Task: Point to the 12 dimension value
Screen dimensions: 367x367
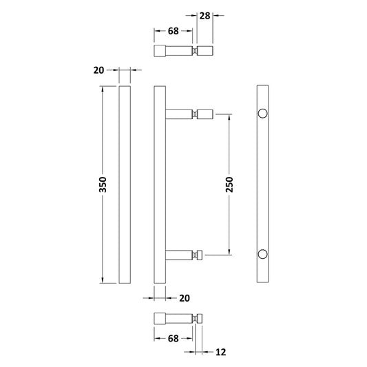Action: [x=220, y=353]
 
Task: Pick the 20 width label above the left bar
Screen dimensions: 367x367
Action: [x=98, y=70]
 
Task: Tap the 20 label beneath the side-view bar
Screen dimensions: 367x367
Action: [x=183, y=297]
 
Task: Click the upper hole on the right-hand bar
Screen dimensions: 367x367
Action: [x=262, y=114]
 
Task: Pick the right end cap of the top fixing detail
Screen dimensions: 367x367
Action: [x=205, y=51]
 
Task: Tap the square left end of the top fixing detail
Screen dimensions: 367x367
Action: [x=160, y=51]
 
